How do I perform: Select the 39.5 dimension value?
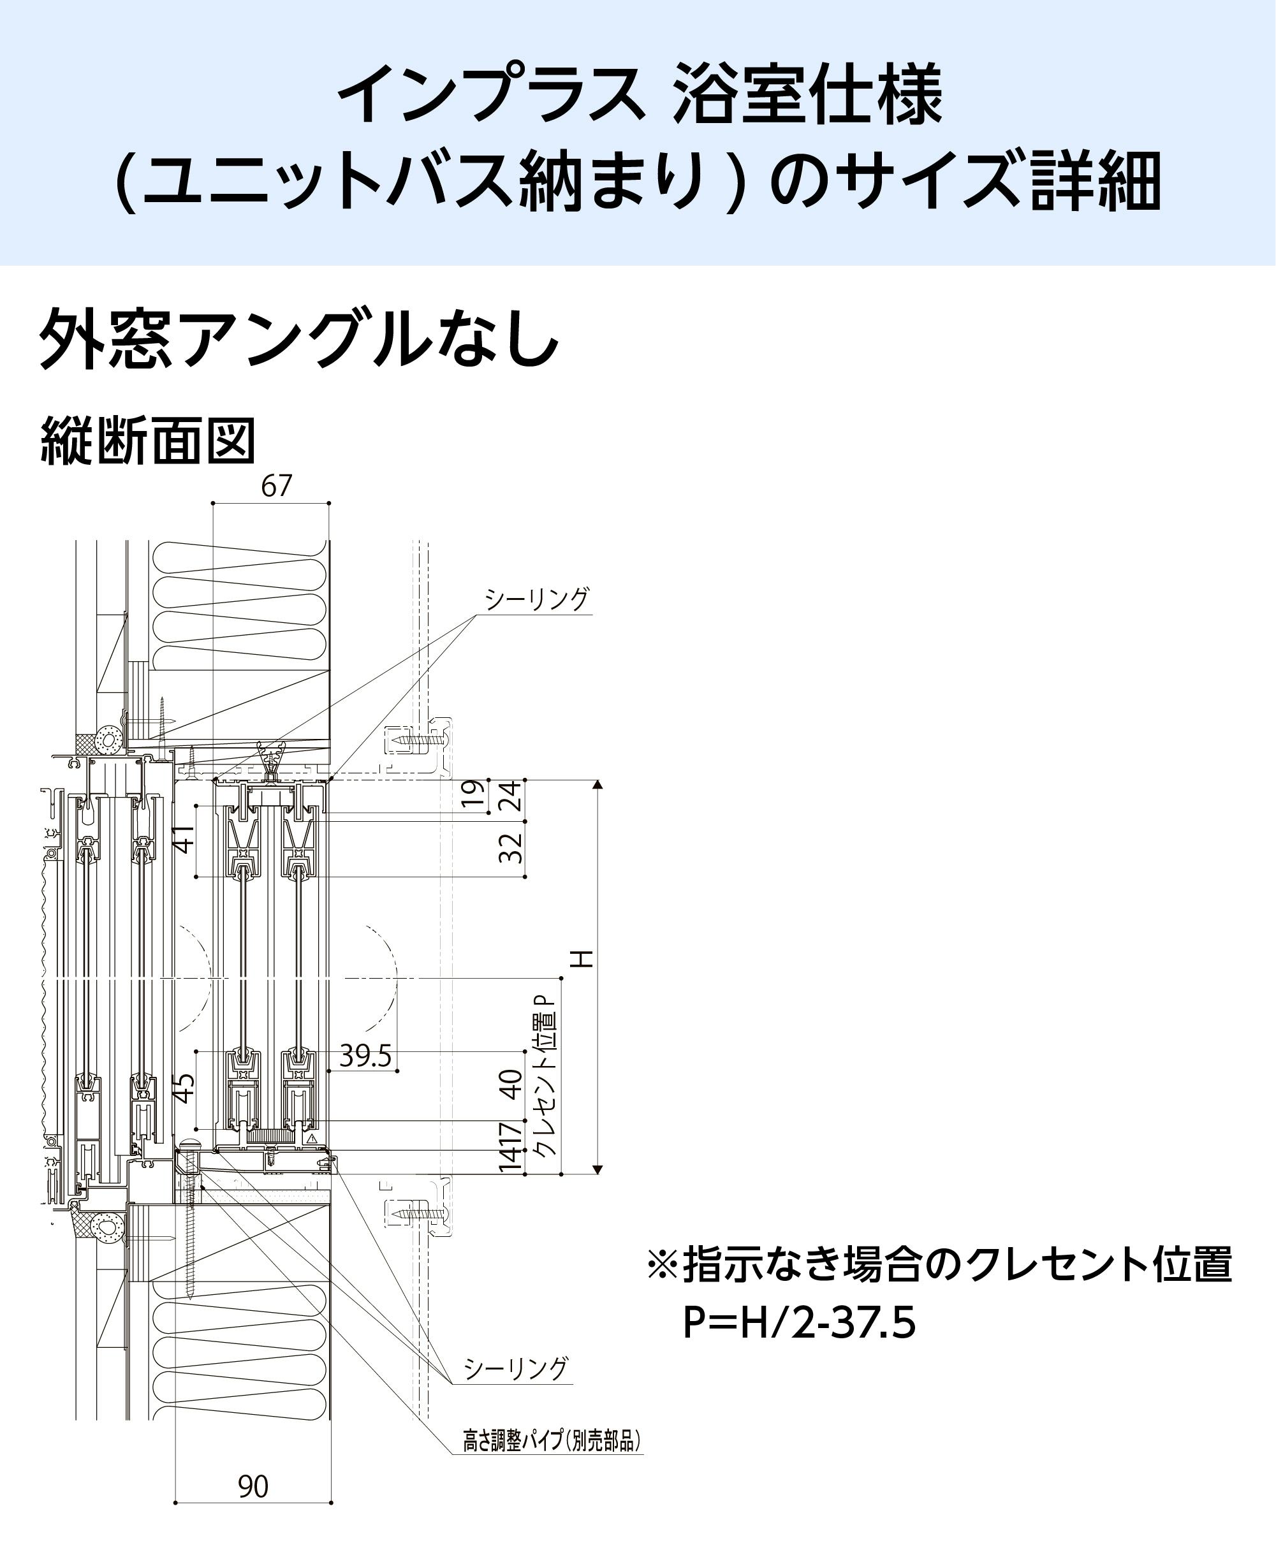tap(365, 1056)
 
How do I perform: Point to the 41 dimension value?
tap(185, 839)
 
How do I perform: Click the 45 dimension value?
tap(185, 1088)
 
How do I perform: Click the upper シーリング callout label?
tap(536, 599)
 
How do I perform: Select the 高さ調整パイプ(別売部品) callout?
tap(552, 1440)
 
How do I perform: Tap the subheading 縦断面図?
tap(147, 442)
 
